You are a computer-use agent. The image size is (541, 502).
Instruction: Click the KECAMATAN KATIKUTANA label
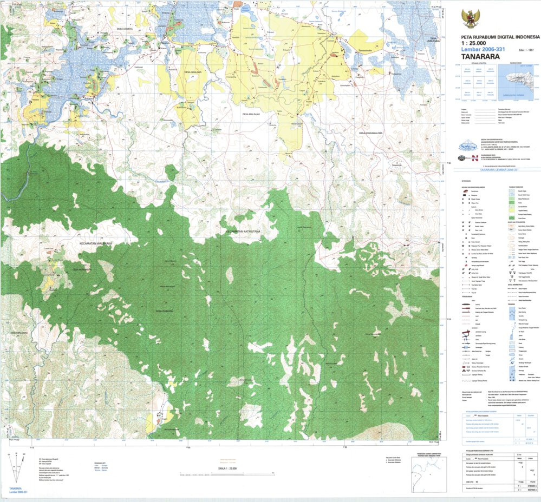point(243,231)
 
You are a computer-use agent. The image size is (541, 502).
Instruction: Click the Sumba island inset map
point(518,80)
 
